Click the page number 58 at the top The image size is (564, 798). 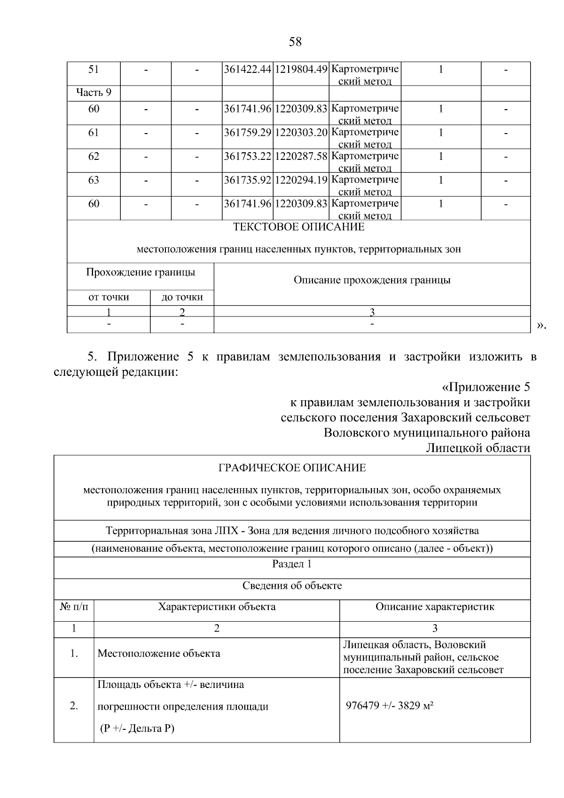(295, 42)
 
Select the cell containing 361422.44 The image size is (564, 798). (247, 70)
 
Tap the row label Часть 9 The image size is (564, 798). (94, 93)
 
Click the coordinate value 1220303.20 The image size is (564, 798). (301, 133)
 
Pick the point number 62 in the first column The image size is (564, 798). (94, 157)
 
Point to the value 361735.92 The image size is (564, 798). (247, 180)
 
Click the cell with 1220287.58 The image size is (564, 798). (301, 157)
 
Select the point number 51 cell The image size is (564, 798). (94, 70)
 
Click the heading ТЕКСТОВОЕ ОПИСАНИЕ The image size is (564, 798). (298, 227)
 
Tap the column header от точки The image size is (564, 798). (109, 297)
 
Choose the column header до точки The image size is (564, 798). (182, 297)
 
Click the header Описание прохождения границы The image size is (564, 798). (372, 280)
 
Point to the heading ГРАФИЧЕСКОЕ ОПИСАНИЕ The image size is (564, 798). (292, 468)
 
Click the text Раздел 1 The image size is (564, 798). (292, 564)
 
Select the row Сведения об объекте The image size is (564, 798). (292, 585)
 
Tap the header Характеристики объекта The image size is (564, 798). (217, 607)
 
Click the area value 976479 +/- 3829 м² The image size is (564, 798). (389, 706)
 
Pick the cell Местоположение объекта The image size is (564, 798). (158, 653)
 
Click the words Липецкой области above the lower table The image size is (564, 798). (478, 448)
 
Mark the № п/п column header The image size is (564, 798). (74, 607)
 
